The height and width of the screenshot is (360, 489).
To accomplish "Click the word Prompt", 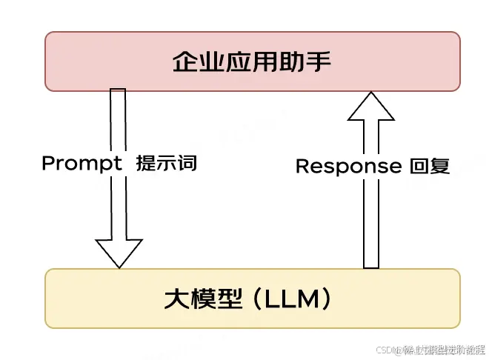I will [x=82, y=164].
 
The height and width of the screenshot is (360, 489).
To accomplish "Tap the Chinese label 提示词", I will [x=167, y=164].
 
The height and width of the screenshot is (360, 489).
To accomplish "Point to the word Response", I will [x=348, y=167].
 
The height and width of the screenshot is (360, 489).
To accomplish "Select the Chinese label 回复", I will [x=430, y=166].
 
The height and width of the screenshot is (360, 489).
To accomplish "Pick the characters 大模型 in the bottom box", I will [x=202, y=299].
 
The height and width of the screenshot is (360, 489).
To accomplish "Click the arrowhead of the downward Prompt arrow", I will [x=119, y=252].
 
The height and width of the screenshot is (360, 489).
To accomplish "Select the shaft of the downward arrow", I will [x=119, y=133].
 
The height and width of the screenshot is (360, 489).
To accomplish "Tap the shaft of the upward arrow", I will [x=370, y=222].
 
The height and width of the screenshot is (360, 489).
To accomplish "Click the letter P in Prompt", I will [x=47, y=164].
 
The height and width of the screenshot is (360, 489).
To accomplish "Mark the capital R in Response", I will [x=302, y=167].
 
